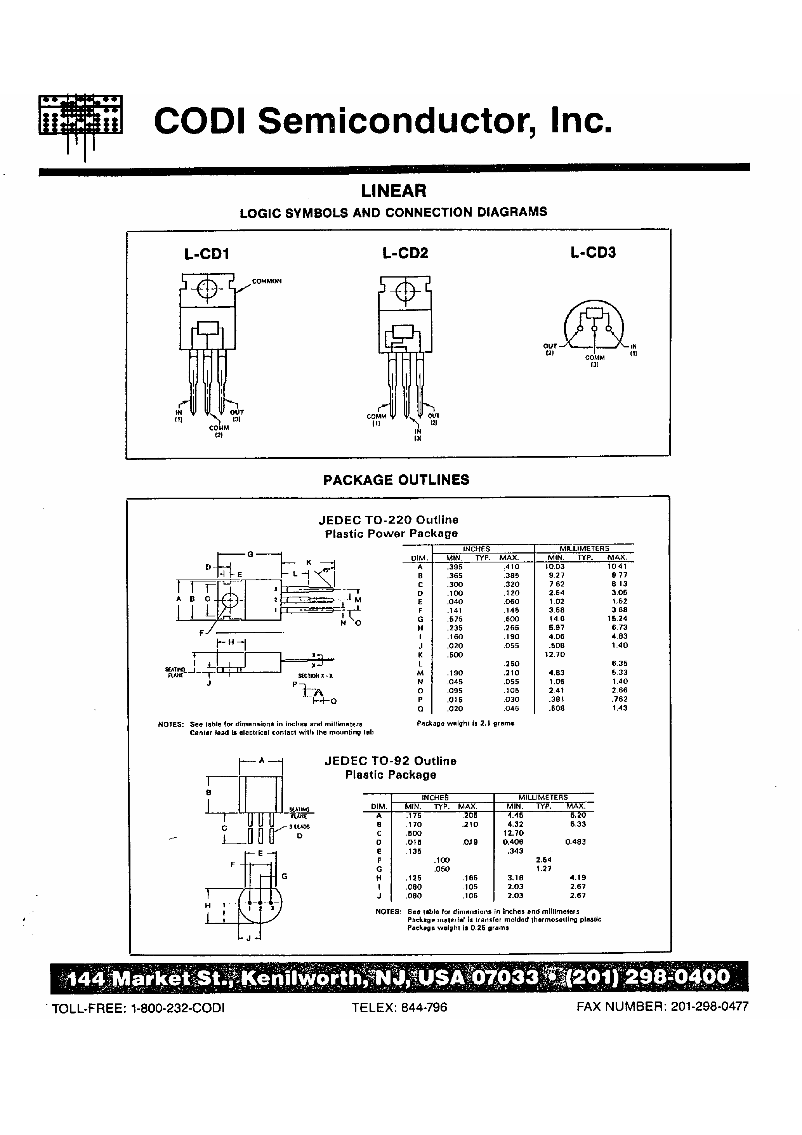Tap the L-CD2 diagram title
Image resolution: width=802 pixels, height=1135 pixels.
click(405, 253)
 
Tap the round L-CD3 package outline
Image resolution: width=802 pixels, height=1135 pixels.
click(594, 324)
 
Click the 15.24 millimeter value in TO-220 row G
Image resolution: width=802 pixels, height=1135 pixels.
click(618, 618)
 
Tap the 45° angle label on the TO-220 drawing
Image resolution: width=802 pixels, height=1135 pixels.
click(327, 569)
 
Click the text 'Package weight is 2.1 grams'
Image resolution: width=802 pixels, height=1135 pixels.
click(465, 723)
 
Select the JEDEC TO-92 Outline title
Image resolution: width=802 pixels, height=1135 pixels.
click(390, 761)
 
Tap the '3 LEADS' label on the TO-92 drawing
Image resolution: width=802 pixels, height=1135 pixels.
click(300, 826)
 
